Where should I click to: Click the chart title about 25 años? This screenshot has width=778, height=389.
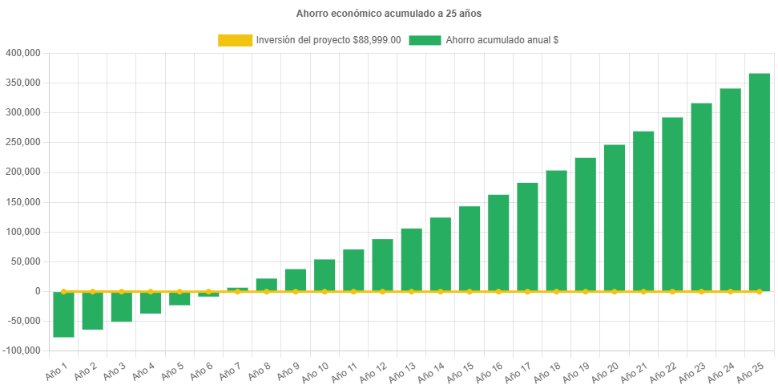pos(389,14)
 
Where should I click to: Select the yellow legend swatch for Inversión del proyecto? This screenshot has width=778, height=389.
pos(235,40)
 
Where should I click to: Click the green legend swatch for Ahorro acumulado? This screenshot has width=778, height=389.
pos(425,40)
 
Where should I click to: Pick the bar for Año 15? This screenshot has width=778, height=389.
pos(470,249)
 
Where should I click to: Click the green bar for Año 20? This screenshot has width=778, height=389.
pos(615,217)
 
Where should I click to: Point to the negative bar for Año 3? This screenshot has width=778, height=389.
pos(122,307)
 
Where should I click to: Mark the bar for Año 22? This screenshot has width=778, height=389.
pos(672,204)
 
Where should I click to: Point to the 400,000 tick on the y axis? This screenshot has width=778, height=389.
pos(23,53)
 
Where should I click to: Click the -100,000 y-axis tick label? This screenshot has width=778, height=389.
pos(22,351)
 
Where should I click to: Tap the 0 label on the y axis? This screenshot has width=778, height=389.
pos(38,291)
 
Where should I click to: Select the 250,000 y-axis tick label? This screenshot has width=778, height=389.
pos(23,142)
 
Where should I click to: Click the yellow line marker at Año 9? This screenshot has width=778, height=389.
pos(296,292)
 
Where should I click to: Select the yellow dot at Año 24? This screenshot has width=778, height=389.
pos(730,292)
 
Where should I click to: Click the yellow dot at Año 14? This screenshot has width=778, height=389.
pos(441,292)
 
